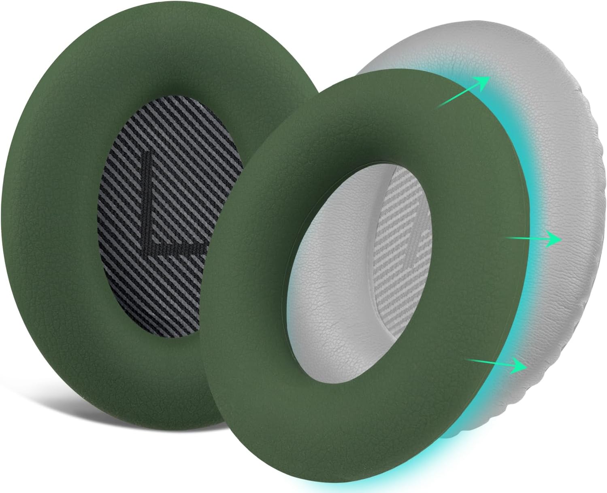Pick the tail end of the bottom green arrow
click(x=467, y=359)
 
